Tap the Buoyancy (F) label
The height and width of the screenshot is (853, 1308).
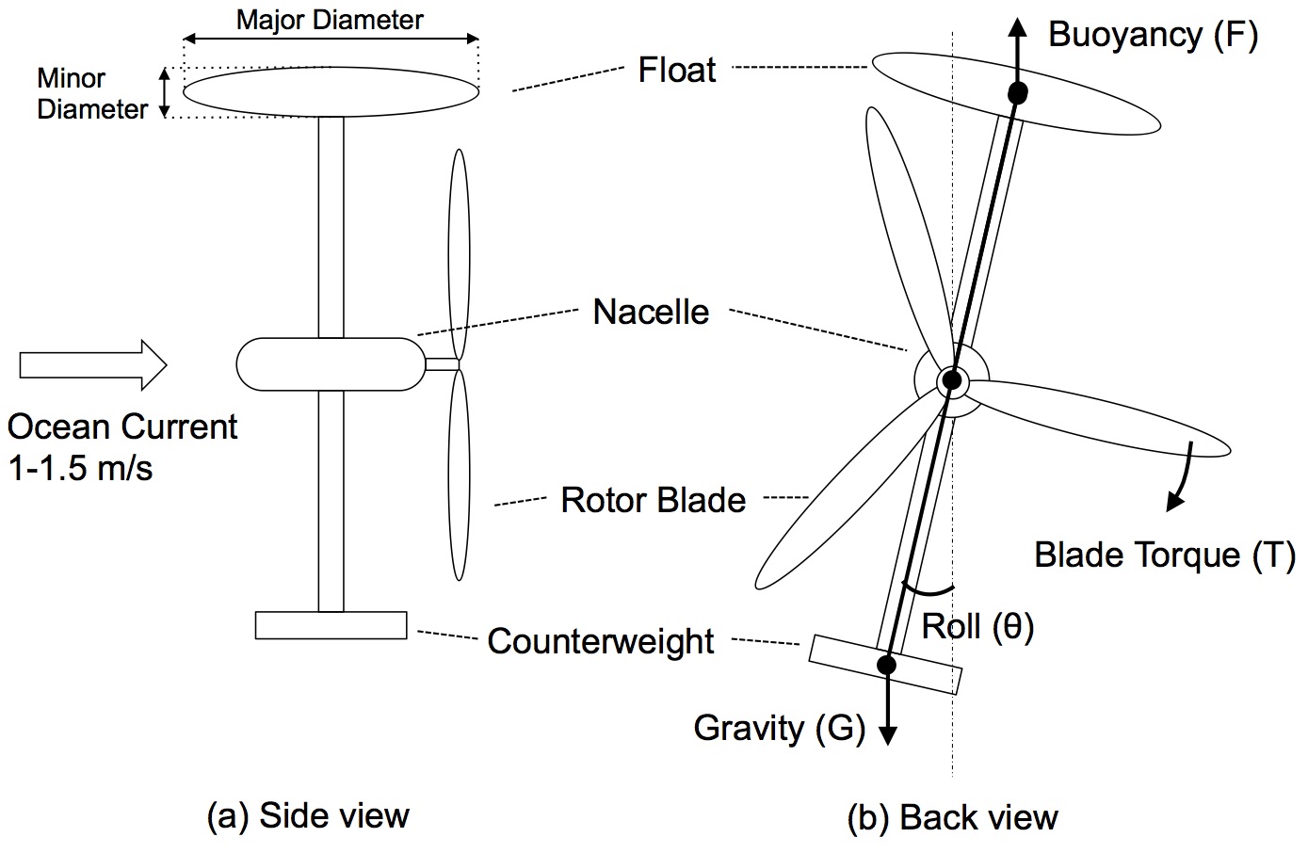pyautogui.click(x=1153, y=36)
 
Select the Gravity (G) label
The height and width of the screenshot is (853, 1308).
pyautogui.click(x=779, y=728)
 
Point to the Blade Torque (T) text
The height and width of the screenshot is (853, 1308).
pyautogui.click(x=1165, y=555)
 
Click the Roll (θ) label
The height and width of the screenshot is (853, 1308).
pyautogui.click(x=977, y=626)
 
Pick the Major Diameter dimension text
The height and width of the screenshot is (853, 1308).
pyautogui.click(x=330, y=20)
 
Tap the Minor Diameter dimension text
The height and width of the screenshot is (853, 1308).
pyautogui.click(x=91, y=93)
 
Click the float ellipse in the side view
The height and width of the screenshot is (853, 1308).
pyautogui.click(x=331, y=91)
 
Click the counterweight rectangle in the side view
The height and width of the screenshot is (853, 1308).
pyautogui.click(x=331, y=625)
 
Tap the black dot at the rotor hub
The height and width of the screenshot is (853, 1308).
pyautogui.click(x=951, y=380)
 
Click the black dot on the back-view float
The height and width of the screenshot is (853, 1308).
pyautogui.click(x=1017, y=92)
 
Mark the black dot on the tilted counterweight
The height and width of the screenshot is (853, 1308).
pyautogui.click(x=886, y=665)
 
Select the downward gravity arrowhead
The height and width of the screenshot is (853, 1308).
pyautogui.click(x=886, y=733)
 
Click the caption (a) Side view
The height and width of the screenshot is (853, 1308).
pyautogui.click(x=308, y=815)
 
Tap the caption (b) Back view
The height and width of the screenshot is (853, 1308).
pyautogui.click(x=953, y=817)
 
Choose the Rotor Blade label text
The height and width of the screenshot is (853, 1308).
pyautogui.click(x=653, y=500)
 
